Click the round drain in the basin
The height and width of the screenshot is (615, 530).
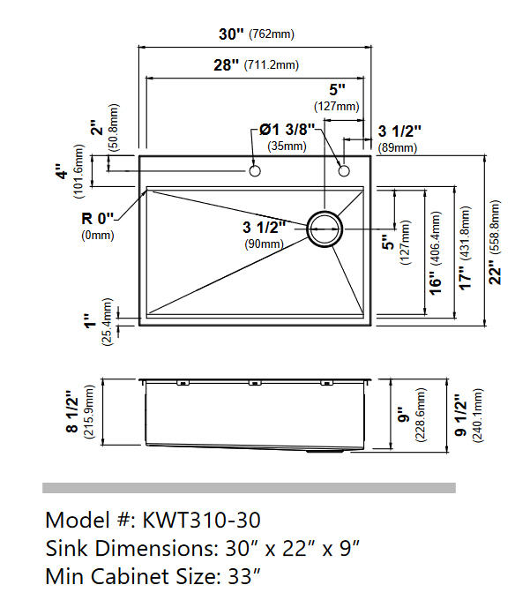click(325, 227)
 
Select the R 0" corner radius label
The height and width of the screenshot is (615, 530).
click(97, 218)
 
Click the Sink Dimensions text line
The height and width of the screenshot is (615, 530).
click(203, 549)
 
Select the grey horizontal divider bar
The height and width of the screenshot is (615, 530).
click(249, 488)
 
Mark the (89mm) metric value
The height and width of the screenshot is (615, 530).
click(397, 147)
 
